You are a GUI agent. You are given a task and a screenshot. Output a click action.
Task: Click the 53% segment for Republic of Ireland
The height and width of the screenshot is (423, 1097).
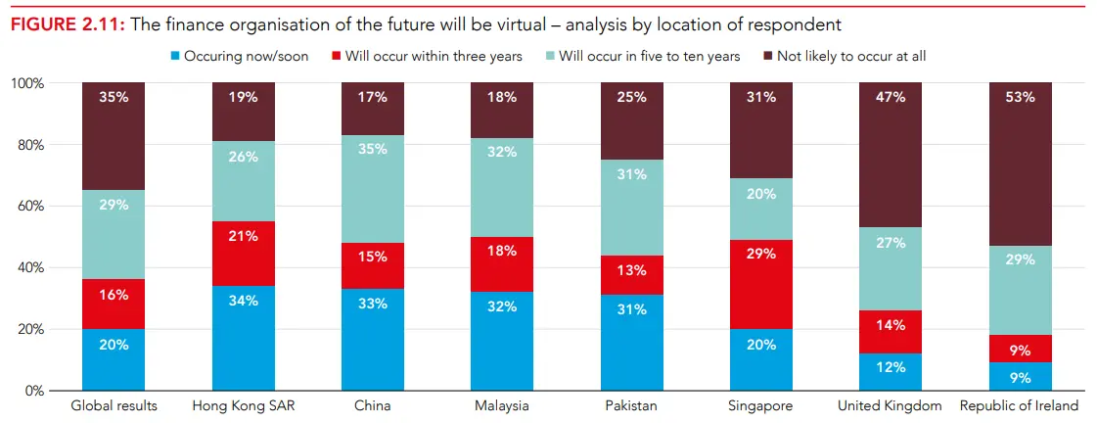point(1021,163)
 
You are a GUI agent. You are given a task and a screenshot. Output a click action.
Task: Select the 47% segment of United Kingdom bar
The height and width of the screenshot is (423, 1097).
point(891,155)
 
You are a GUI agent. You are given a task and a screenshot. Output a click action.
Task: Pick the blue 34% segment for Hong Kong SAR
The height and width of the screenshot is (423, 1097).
point(244,338)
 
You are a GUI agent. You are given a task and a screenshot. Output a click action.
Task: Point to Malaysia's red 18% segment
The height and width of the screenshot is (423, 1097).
point(502,264)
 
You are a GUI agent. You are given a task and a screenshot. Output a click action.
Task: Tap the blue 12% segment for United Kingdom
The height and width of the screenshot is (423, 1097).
point(891,371)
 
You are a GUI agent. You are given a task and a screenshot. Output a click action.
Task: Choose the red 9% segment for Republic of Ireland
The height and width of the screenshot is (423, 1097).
point(1021,349)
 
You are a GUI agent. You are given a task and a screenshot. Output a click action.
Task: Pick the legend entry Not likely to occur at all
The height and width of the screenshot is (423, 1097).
point(843,56)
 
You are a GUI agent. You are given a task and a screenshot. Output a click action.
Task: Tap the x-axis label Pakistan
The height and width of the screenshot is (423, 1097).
point(631,405)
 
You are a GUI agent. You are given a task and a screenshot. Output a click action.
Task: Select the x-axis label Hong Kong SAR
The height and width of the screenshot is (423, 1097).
point(244,405)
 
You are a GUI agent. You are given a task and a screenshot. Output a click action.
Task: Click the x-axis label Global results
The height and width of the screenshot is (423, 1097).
point(114,405)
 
